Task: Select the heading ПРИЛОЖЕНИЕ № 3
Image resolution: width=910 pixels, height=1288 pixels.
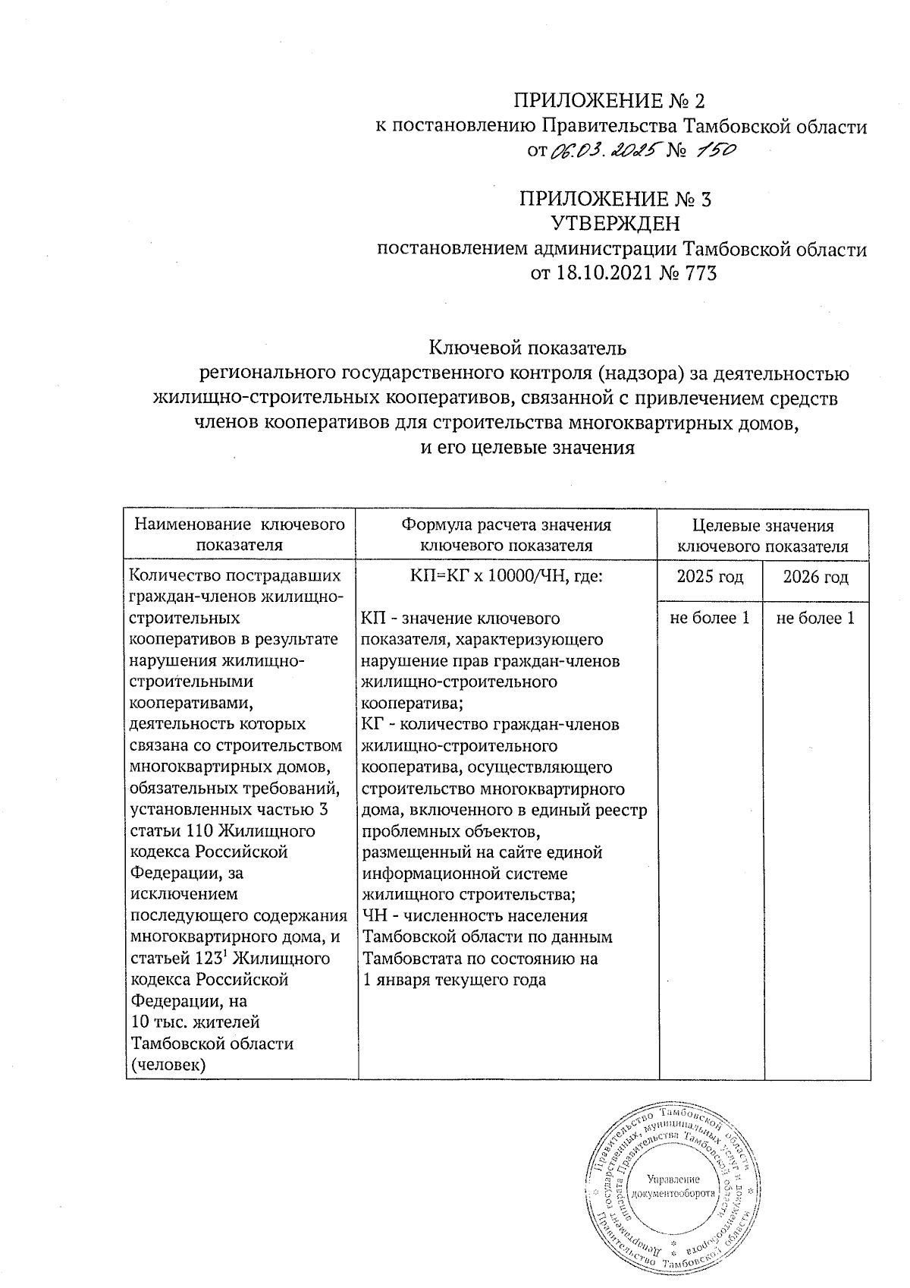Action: click(615, 200)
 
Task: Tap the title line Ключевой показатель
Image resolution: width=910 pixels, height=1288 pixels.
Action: click(528, 348)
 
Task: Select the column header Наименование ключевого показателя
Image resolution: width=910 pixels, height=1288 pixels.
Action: click(240, 534)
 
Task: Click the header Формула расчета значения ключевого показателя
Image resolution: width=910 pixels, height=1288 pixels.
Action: click(506, 534)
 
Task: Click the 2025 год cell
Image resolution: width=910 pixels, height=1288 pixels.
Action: click(710, 577)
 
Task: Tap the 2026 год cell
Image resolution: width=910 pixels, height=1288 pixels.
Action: click(816, 577)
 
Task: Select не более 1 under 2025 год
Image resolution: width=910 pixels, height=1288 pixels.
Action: click(710, 619)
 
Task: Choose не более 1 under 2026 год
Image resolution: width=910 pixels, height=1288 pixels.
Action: click(816, 619)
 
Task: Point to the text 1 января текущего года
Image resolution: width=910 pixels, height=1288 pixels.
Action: click(455, 980)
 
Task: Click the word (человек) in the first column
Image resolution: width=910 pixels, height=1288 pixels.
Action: click(168, 1065)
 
